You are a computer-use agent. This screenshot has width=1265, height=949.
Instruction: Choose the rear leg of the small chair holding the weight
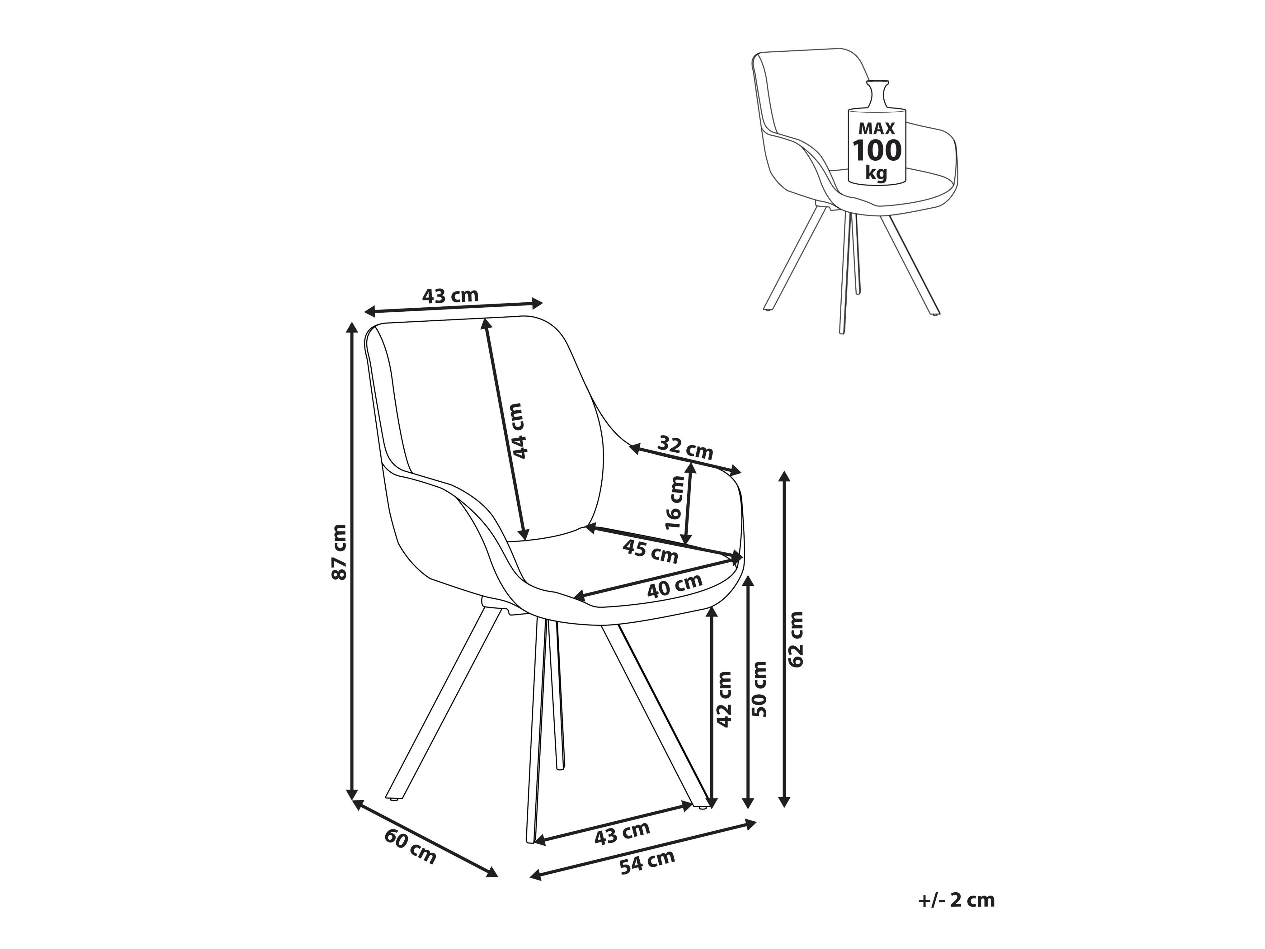(855, 252)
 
